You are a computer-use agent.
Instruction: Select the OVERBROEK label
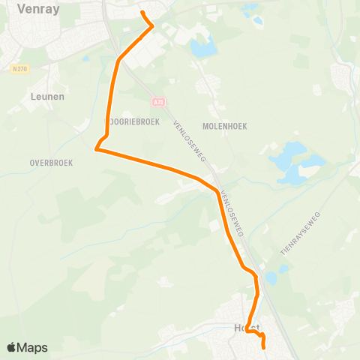pyautogui.click(x=51, y=162)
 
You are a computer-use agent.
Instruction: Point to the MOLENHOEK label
pyautogui.click(x=224, y=127)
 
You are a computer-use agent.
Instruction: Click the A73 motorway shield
pyautogui.click(x=157, y=101)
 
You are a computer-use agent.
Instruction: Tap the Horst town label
pyautogui.click(x=247, y=328)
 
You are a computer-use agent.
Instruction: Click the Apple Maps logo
pyautogui.click(x=28, y=347)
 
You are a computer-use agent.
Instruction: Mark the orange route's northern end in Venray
pyautogui.click(x=142, y=13)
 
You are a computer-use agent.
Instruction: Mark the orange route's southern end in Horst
pyautogui.click(x=264, y=347)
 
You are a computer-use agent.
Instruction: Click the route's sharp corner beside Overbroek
pyautogui.click(x=96, y=149)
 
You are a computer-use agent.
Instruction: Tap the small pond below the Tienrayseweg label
pyautogui.click(x=271, y=278)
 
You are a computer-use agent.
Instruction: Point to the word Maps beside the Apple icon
pyautogui.click(x=34, y=347)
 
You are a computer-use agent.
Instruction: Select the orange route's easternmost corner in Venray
pyautogui.click(x=153, y=26)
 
